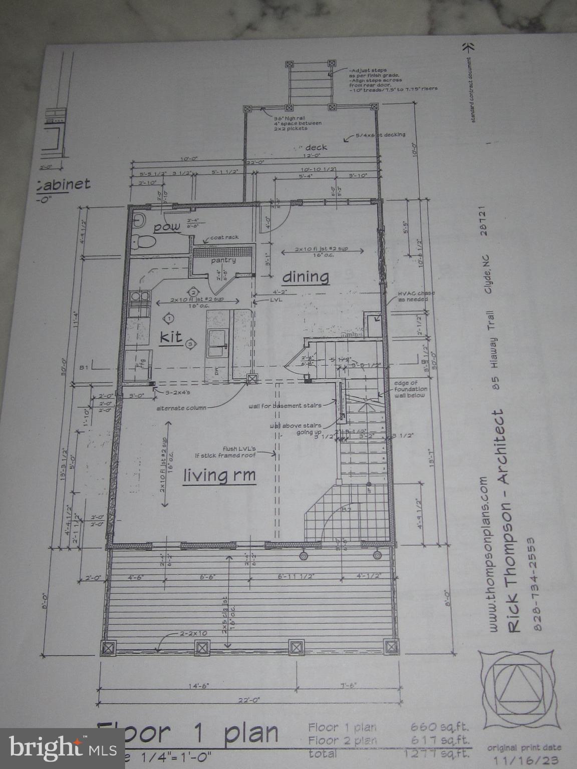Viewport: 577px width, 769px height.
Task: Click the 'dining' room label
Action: tap(306, 276)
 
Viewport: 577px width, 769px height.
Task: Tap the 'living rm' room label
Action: tap(219, 475)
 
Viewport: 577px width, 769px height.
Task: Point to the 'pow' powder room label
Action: tap(167, 227)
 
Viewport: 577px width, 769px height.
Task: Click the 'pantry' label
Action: tap(223, 260)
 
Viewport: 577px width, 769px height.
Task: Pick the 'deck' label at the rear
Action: tap(316, 147)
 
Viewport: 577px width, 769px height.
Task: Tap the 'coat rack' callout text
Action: tap(224, 237)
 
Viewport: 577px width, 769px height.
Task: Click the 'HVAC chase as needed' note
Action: tap(416, 296)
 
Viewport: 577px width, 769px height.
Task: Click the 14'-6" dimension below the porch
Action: tap(195, 686)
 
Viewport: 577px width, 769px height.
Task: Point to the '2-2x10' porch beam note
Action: tap(192, 634)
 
